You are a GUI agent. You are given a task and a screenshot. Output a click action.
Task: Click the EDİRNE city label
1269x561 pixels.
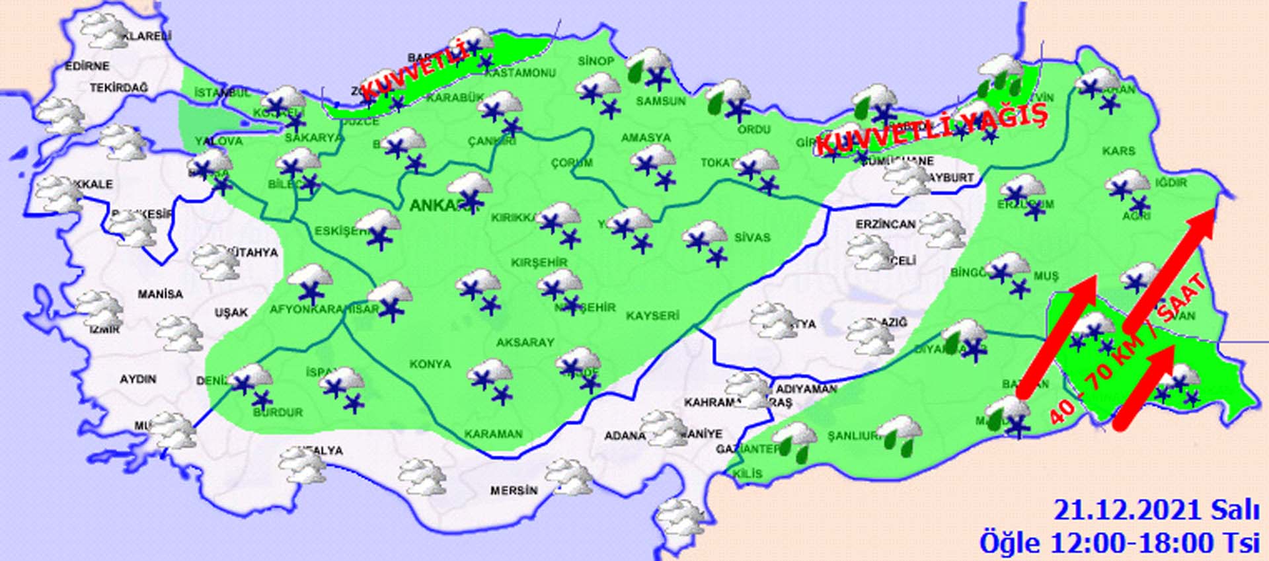(x=87, y=66)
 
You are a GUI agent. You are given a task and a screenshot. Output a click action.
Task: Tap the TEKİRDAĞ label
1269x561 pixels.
(x=119, y=87)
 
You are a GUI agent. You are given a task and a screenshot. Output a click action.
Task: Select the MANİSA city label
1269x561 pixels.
(x=161, y=293)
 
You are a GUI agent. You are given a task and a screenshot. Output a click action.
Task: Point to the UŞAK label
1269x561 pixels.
(x=231, y=312)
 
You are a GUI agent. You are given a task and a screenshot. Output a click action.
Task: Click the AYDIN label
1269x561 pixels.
(x=138, y=379)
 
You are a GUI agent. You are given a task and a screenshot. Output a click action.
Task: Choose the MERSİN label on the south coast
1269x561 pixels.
(x=514, y=491)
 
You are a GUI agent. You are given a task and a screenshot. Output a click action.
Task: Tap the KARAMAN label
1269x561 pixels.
(x=493, y=434)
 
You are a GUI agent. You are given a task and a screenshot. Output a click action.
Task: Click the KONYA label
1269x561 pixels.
(x=430, y=364)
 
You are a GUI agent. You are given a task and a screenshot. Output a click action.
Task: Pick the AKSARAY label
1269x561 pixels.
(x=525, y=342)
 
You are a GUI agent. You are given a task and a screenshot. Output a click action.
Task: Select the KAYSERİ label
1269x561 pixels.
(x=652, y=316)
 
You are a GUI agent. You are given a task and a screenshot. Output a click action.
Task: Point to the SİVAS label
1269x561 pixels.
(x=752, y=237)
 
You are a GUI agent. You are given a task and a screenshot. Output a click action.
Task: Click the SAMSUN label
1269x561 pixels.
(x=661, y=101)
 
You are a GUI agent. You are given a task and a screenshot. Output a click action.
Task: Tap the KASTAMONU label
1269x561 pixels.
(x=520, y=73)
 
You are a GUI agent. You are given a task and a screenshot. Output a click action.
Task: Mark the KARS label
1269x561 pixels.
(x=1118, y=151)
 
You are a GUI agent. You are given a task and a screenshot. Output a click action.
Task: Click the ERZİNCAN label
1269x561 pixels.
(x=886, y=225)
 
